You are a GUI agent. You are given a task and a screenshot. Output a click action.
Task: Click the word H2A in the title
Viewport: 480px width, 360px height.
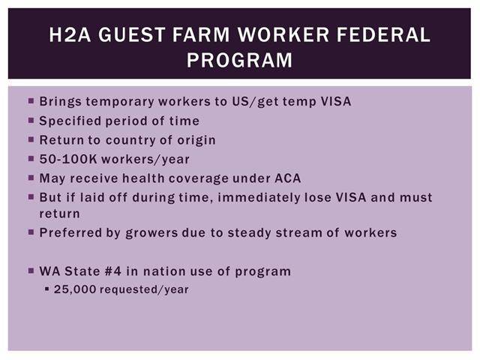point(70,34)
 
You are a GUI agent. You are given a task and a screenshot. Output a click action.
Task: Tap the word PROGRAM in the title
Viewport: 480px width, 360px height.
point(240,60)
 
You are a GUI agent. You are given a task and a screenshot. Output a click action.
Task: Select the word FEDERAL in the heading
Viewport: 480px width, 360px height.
point(383,34)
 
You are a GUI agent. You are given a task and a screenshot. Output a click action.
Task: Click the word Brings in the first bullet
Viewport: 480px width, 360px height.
point(60,102)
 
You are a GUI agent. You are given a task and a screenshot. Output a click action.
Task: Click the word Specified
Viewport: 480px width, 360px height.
point(70,121)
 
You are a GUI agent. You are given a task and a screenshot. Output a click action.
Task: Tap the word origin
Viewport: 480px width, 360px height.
point(196,140)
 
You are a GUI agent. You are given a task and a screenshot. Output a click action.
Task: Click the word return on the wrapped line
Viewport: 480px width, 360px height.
point(60,214)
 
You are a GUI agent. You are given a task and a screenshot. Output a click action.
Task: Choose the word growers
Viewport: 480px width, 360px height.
point(151,233)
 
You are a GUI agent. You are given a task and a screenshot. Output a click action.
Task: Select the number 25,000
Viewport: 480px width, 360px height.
point(75,289)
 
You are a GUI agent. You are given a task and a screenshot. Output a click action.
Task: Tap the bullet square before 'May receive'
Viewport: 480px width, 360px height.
point(31,178)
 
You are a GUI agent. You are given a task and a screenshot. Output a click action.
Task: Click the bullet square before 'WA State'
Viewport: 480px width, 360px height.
point(31,271)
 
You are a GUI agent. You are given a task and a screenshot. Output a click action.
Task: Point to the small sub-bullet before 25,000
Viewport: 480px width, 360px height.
point(46,288)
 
